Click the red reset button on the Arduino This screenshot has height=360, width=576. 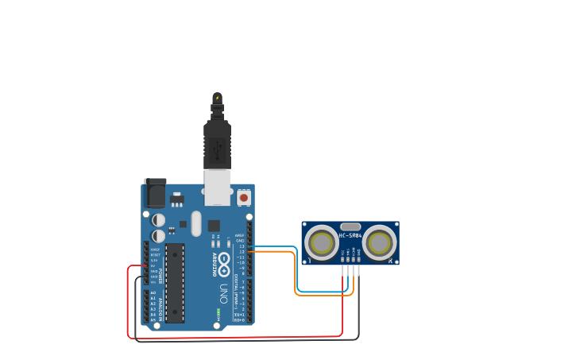244,197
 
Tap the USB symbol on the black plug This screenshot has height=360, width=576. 217,146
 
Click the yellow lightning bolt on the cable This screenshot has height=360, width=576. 217,99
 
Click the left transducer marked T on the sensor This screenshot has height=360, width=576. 322,243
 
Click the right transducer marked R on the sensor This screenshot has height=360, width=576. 380,243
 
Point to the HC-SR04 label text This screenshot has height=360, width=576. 350,235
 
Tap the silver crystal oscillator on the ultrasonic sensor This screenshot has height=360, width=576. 350,226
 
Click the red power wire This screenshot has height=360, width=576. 238,337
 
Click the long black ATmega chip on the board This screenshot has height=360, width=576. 175,283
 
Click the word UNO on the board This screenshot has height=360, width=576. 224,292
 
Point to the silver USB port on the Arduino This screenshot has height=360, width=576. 217,188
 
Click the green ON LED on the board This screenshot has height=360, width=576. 218,311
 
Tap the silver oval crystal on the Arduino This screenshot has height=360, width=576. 196,223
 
